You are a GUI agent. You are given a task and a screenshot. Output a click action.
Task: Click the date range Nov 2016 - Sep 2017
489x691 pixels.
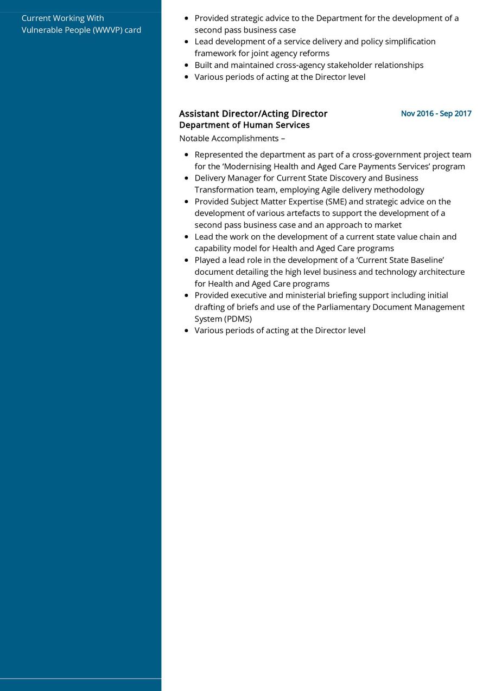(436, 114)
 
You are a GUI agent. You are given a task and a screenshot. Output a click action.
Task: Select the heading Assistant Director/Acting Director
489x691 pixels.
(253, 114)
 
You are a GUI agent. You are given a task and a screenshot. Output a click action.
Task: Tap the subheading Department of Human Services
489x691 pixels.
(244, 125)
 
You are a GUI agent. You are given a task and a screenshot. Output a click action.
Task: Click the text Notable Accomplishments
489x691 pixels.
(228, 139)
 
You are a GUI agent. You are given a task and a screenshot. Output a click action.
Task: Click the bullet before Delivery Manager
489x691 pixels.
(187, 178)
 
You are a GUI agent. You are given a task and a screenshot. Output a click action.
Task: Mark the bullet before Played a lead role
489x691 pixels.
(187, 261)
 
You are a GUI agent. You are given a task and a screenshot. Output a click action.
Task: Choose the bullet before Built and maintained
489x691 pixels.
(187, 66)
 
